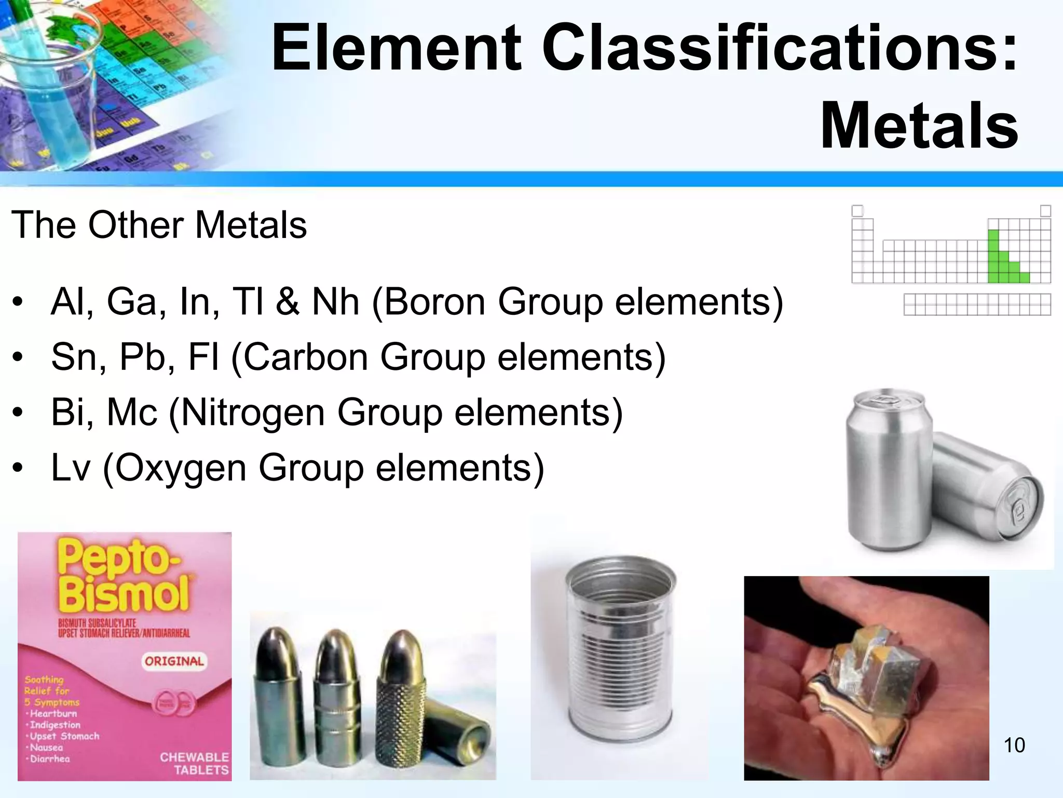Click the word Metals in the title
tap(919, 127)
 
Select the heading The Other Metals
tap(159, 225)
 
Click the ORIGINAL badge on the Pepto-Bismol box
tap(174, 661)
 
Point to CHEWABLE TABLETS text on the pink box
tap(194, 763)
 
